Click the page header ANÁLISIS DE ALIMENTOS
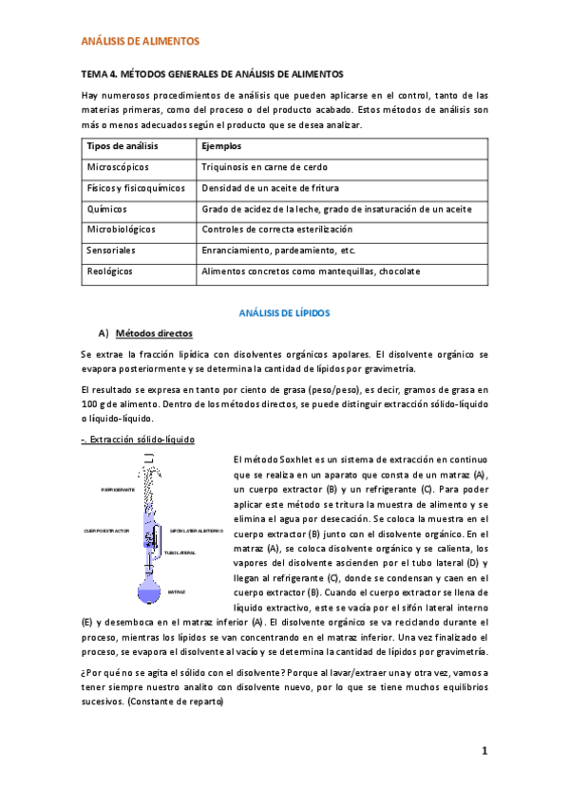(141, 43)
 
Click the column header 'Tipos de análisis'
(123, 147)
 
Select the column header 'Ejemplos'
(222, 147)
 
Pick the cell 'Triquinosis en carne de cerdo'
(264, 167)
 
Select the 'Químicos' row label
(107, 209)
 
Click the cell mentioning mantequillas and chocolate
(311, 271)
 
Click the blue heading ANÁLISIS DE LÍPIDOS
(284, 312)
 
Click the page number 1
(484, 752)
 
